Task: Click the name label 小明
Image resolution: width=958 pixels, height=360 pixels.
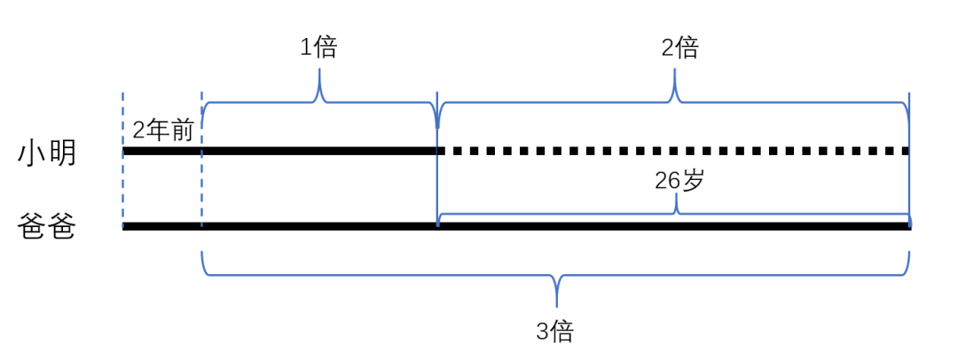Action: tap(47, 153)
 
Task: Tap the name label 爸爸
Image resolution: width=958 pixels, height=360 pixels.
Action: tap(47, 228)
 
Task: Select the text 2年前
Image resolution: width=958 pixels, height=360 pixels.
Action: tap(162, 130)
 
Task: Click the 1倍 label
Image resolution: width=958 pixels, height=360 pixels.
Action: tap(318, 47)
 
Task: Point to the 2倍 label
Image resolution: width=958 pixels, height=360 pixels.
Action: tap(679, 47)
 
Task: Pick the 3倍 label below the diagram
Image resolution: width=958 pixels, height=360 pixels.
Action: tap(555, 332)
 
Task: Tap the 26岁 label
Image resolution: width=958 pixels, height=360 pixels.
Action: tap(679, 180)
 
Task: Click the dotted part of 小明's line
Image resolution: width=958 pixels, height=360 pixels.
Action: tap(674, 151)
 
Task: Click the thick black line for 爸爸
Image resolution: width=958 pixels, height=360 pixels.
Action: tap(514, 227)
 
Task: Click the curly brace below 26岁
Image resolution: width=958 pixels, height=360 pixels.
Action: tap(676, 211)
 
